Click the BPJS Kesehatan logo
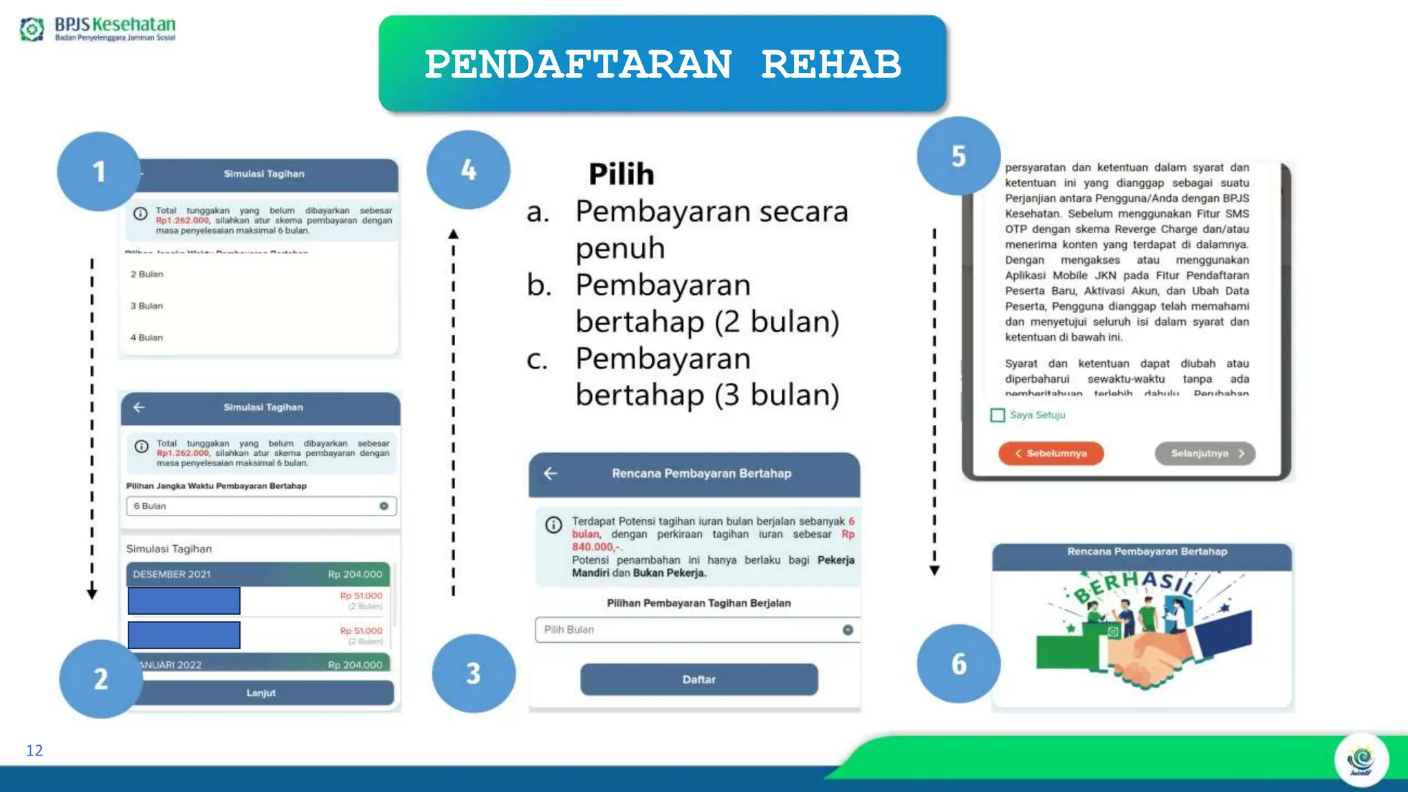click(98, 29)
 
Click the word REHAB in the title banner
click(830, 65)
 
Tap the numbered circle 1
click(99, 171)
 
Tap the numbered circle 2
click(101, 679)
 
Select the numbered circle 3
click(474, 673)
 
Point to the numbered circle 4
click(468, 170)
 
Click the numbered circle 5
click(958, 156)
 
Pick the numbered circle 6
click(958, 663)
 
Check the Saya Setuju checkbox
click(998, 415)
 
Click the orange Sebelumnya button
click(1050, 454)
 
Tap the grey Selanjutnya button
click(1204, 454)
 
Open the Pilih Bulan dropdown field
click(697, 630)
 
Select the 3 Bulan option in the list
click(147, 306)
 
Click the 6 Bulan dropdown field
click(261, 506)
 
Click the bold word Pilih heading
click(621, 174)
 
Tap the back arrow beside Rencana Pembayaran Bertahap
click(551, 473)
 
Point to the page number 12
click(34, 750)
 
